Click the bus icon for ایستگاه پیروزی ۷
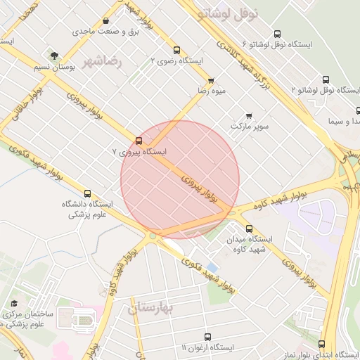[x=139, y=140]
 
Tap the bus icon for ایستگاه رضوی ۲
[x=176, y=50]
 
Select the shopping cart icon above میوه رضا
[x=210, y=81]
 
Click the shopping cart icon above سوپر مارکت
[x=248, y=115]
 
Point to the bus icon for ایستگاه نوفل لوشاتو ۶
[x=276, y=34]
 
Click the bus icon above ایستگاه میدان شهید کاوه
[x=249, y=228]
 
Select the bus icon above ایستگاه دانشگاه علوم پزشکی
[x=88, y=193]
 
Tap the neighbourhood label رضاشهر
[x=103, y=63]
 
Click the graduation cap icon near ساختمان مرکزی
[x=13, y=304]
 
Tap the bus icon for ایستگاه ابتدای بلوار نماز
[x=322, y=344]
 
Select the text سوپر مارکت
[x=250, y=126]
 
